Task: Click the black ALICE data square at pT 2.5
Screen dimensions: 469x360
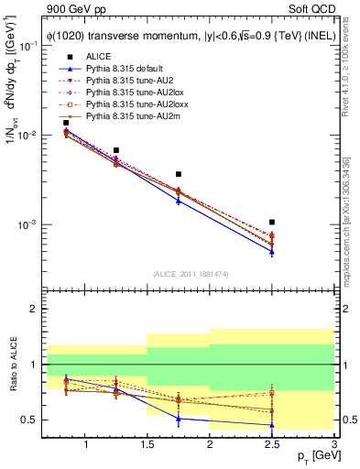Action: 272,222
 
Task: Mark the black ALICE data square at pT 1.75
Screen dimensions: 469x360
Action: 179,174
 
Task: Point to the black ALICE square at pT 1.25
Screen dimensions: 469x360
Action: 116,150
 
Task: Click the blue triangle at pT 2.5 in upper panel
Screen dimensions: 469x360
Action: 272,252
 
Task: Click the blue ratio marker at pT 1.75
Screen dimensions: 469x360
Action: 179,418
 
